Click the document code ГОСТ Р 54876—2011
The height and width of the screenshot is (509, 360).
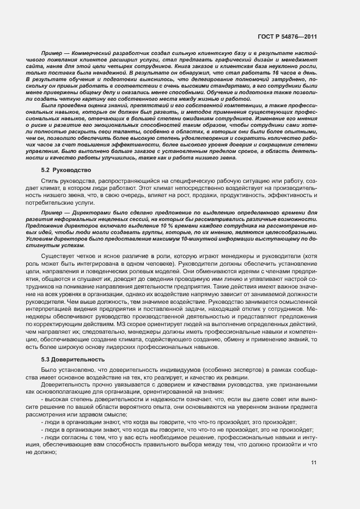pos(288,36)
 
